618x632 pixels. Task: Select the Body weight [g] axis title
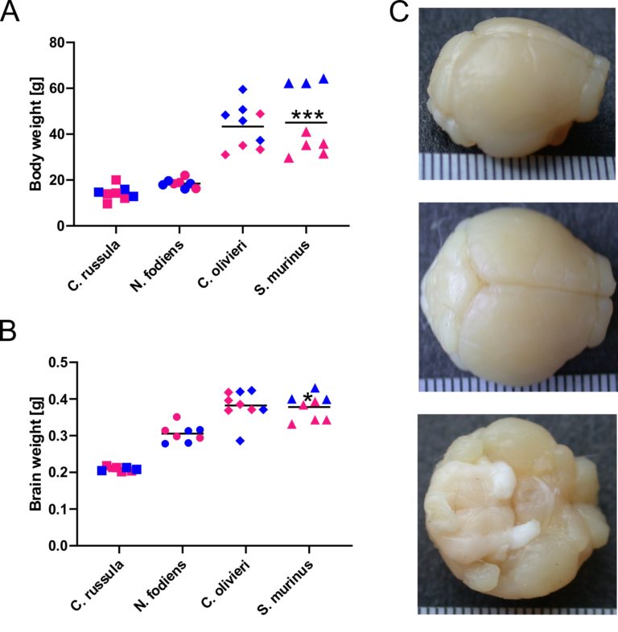click(35, 134)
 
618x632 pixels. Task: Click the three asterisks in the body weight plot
click(307, 114)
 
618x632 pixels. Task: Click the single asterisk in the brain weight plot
click(307, 397)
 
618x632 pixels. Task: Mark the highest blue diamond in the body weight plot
click(242, 89)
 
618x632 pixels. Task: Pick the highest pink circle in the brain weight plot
click(177, 417)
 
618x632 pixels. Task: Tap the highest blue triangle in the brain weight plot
click(315, 388)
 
